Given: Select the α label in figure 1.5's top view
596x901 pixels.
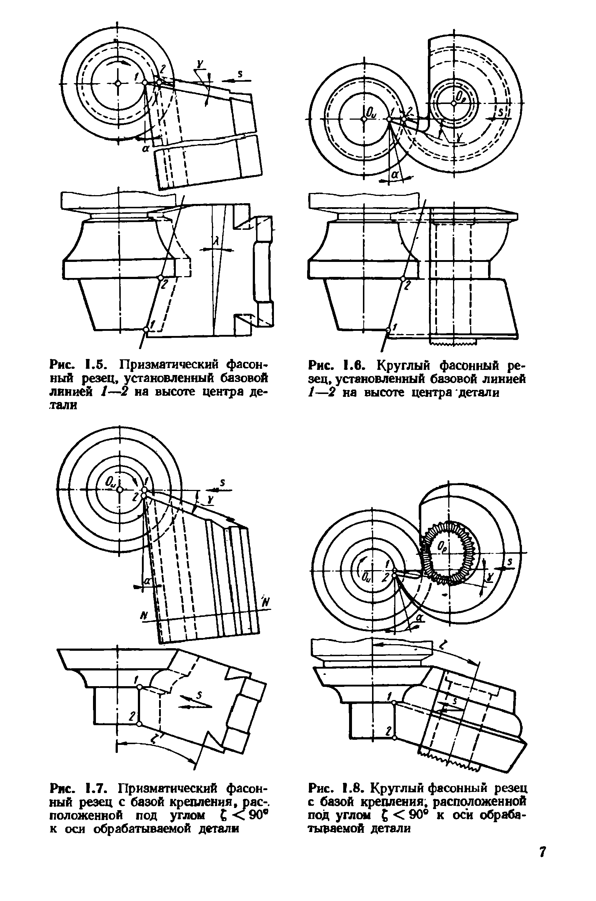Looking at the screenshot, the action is click(x=145, y=149).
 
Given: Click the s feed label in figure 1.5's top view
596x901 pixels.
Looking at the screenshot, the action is click(x=240, y=74).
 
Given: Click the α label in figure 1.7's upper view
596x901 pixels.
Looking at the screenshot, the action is click(x=146, y=581).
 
